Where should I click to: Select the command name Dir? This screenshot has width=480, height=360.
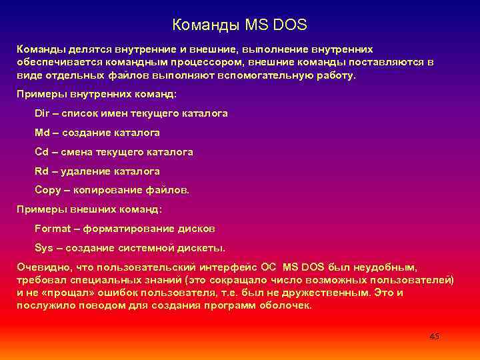41,113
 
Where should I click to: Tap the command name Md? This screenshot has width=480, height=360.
42,133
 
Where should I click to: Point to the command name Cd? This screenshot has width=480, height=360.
42,152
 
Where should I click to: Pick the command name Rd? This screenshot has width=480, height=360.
42,171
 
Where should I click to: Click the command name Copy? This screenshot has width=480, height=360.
47,191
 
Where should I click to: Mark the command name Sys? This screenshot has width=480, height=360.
43,248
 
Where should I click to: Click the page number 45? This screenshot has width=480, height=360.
434,336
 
